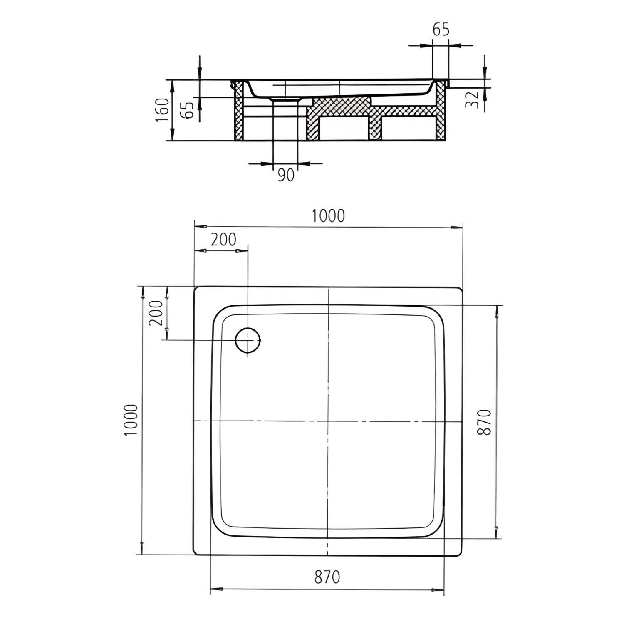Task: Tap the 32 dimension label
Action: tap(473, 100)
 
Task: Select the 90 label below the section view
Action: tap(285, 175)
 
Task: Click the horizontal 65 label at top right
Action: tap(441, 30)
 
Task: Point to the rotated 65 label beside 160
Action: tap(188, 110)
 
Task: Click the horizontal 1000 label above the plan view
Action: tap(329, 215)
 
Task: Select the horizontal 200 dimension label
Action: tap(223, 240)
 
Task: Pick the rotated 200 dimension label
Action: tap(155, 313)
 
